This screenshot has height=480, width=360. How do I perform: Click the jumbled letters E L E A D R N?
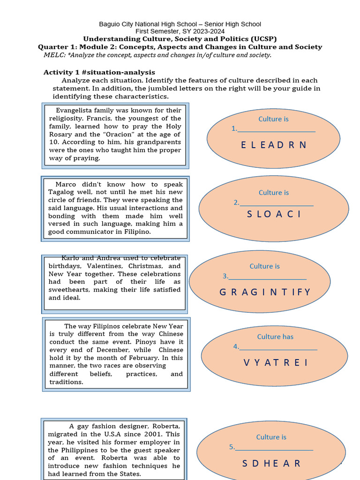point(273,145)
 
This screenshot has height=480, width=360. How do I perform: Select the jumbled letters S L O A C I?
point(274,214)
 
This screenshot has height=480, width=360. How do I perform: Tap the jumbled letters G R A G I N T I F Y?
point(265,292)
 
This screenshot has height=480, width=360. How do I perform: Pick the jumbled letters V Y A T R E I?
point(276,362)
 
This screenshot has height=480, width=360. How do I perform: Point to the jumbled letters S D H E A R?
point(271,463)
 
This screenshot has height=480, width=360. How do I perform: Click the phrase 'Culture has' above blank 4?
point(275,337)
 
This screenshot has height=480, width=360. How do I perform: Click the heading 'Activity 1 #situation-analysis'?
point(99,72)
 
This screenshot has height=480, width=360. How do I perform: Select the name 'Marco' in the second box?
point(66,184)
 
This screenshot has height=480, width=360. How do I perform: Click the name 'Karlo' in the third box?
point(71,258)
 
